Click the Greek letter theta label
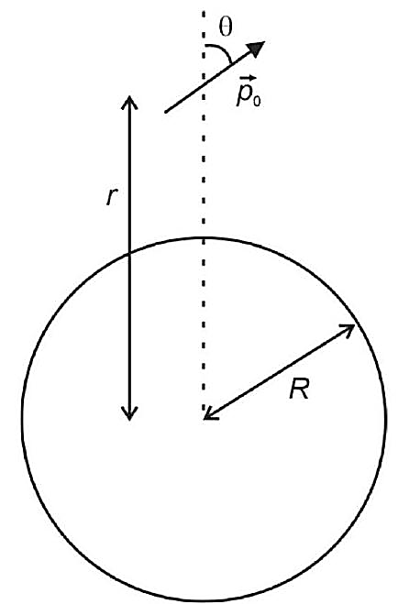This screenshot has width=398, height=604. [226, 27]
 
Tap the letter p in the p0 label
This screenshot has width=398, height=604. [244, 96]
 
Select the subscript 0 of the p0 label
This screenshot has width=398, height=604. [257, 102]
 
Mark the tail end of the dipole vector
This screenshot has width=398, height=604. [166, 112]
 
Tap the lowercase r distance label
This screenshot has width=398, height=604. [111, 198]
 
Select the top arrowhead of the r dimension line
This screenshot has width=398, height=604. [129, 101]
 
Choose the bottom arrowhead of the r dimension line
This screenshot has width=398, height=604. [129, 414]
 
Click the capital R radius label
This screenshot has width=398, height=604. [299, 390]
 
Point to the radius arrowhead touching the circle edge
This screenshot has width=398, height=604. [348, 329]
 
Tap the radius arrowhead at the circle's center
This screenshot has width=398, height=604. [210, 414]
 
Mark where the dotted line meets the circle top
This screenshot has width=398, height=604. [204, 238]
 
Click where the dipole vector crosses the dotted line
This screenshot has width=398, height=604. [204, 87]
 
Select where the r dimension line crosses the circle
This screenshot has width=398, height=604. [129, 254]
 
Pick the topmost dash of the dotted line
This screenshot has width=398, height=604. [204, 16]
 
